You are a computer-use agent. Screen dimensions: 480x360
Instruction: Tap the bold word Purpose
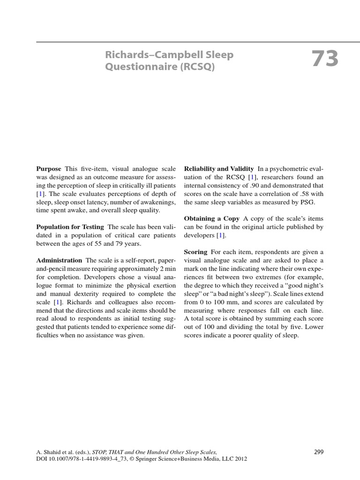click(x=49, y=168)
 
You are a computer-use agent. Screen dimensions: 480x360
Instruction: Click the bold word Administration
click(x=59, y=260)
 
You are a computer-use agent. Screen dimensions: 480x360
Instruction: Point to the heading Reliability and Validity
click(x=219, y=168)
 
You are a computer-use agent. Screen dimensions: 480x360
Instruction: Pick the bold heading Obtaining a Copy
click(x=211, y=218)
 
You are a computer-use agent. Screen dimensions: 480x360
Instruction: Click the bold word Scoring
click(x=196, y=252)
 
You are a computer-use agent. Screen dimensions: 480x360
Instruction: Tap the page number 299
click(x=318, y=452)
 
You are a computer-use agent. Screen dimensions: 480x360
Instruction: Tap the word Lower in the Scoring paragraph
click(x=314, y=328)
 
